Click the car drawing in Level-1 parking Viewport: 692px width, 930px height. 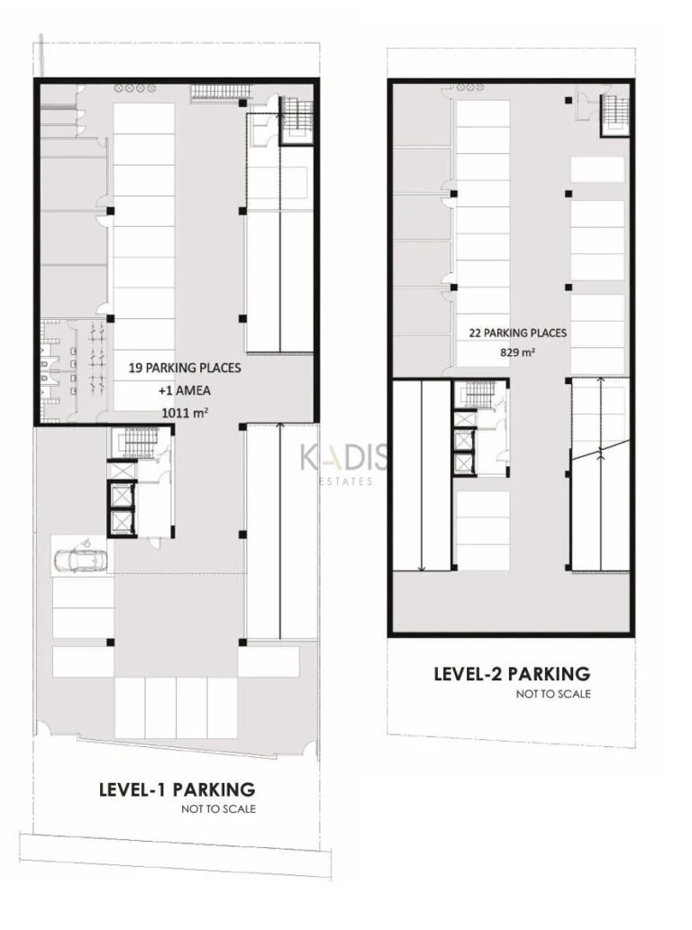(79, 560)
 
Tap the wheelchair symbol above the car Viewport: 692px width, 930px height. (85, 541)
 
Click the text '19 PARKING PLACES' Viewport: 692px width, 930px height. (185, 368)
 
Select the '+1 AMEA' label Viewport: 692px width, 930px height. (185, 390)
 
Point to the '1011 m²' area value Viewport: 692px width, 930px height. (185, 413)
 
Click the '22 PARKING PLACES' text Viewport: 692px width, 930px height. (518, 333)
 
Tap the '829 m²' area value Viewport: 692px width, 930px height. (518, 351)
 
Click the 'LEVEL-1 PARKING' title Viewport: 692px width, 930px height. (177, 790)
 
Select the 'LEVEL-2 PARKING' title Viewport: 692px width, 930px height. (513, 674)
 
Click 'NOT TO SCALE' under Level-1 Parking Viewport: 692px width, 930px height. (219, 809)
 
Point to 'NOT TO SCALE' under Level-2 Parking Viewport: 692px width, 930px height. (553, 693)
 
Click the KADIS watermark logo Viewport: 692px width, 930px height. (344, 457)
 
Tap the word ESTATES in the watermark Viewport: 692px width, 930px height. (346, 481)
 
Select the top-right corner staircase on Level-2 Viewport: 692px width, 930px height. (615, 114)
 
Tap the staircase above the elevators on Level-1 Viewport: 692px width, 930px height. (138, 443)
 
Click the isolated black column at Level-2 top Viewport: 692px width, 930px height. (568, 100)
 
